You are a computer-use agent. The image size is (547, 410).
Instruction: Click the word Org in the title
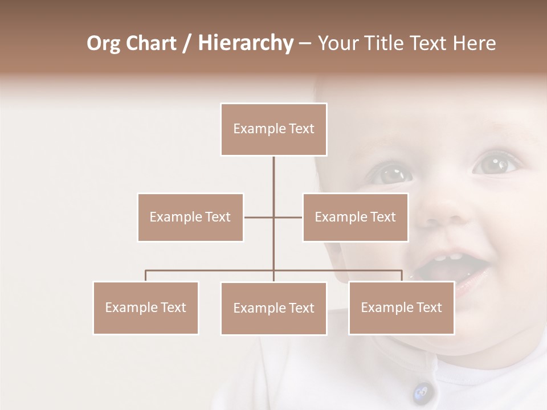coord(104,43)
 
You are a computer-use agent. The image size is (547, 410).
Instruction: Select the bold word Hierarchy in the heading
coord(245,43)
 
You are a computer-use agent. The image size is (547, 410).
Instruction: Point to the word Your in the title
coord(336,43)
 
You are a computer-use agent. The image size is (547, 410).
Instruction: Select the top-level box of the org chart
coord(273,129)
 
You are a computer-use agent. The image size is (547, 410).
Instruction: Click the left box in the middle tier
coord(190,217)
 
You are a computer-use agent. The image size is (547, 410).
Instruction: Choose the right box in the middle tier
coord(355,217)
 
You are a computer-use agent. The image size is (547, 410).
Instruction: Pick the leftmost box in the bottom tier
coord(146,307)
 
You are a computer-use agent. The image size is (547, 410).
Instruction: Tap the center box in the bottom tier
coord(273,308)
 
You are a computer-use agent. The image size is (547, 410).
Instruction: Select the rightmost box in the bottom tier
coord(401,307)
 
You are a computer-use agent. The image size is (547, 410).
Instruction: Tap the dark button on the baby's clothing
coord(422,392)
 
